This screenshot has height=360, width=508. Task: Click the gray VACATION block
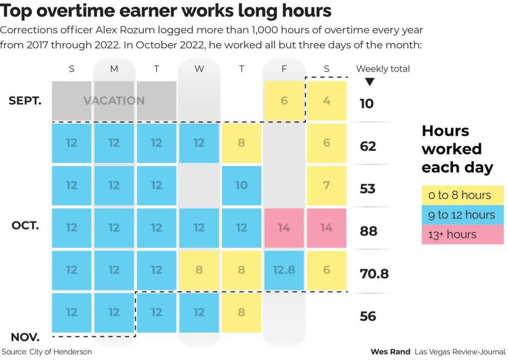(114, 100)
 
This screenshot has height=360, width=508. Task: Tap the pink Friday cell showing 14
(284, 227)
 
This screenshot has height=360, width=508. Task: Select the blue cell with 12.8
(284, 270)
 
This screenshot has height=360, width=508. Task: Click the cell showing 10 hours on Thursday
(242, 185)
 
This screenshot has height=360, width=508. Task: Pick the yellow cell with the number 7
(327, 185)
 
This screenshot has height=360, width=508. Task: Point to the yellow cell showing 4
(327, 100)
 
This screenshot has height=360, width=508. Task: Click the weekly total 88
(368, 231)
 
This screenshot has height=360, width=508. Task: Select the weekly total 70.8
(374, 273)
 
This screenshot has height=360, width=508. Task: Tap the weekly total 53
(368, 188)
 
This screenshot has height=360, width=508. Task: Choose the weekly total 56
(368, 316)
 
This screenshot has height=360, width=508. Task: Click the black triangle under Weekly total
(370, 82)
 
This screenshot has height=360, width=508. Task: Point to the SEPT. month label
(25, 100)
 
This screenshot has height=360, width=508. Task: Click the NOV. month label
(25, 337)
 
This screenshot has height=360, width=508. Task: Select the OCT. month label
(25, 226)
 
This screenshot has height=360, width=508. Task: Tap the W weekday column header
(199, 69)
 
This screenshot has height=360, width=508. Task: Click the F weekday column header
(284, 69)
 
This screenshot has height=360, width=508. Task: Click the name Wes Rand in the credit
(390, 352)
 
